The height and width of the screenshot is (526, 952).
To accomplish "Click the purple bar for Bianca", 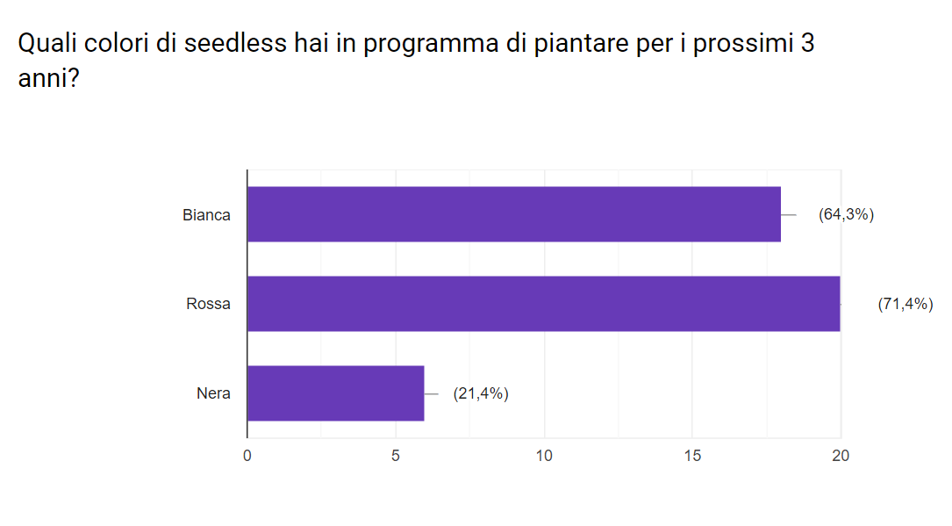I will [513, 214].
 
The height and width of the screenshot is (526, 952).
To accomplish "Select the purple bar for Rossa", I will [543, 304].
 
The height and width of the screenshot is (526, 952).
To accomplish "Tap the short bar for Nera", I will [335, 393].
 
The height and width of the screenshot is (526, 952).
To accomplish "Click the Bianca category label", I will [206, 215].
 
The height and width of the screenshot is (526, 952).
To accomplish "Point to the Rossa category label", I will [208, 305].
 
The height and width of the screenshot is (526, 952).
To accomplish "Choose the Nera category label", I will [213, 393].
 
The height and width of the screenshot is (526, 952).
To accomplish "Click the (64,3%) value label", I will [846, 214].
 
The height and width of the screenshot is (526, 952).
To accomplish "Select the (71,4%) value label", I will [905, 305].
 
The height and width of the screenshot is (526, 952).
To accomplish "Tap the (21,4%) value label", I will [481, 393].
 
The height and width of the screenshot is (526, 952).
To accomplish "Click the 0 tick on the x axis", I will [247, 456].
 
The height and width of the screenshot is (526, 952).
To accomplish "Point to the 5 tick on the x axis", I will [396, 456].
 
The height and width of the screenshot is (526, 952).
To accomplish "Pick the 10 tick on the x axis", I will [544, 456].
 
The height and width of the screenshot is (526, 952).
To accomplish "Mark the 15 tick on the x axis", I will [692, 456].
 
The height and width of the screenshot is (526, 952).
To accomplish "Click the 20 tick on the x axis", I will [841, 456].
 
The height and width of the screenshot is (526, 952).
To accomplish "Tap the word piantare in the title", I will [576, 44].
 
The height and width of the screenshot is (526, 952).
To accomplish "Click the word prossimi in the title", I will [740, 44].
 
